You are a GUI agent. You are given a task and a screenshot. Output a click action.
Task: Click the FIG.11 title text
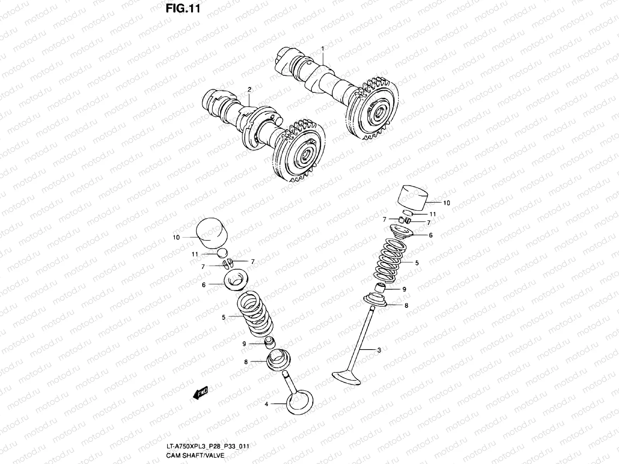point(183,9)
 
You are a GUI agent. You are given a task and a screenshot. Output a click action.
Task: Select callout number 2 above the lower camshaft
point(250,89)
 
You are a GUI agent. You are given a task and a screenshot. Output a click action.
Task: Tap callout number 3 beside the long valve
point(379,350)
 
